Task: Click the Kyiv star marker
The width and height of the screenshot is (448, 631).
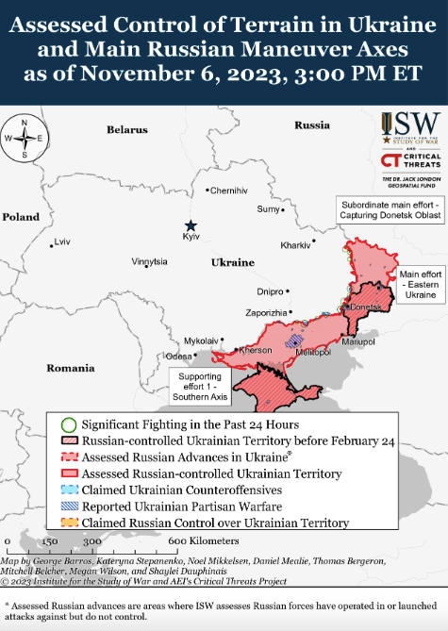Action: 191,225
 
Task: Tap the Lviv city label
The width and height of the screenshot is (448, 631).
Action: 62,242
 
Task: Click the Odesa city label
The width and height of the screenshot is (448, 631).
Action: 177,357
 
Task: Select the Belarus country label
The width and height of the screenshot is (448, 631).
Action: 126,128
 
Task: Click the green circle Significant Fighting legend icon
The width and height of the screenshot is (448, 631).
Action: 68,398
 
